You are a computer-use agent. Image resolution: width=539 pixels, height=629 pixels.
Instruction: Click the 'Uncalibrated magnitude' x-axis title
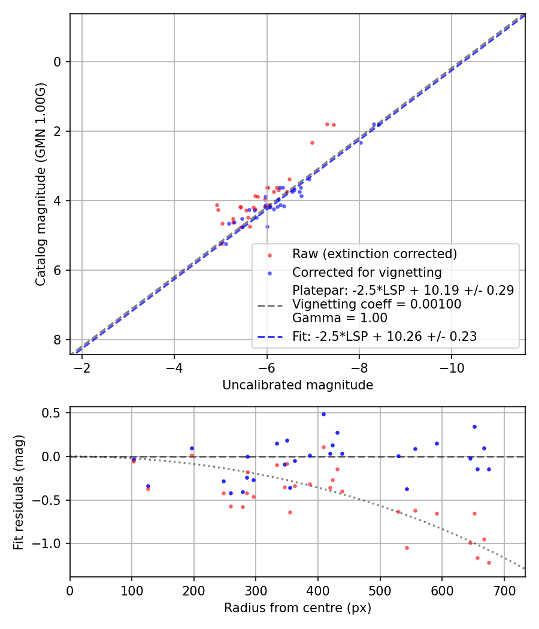point(298,385)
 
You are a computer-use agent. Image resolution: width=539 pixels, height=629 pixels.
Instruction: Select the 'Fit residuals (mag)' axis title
point(19,492)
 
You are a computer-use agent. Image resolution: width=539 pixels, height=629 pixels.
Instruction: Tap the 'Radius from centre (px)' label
point(298,608)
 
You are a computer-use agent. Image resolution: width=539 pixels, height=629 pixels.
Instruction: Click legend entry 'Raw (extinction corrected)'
point(374,254)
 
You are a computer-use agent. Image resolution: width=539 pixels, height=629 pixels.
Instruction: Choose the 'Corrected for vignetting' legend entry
point(367,273)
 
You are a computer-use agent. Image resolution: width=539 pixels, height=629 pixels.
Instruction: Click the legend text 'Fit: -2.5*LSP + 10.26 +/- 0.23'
point(384,337)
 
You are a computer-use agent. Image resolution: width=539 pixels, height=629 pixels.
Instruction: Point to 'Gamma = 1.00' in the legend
point(340,318)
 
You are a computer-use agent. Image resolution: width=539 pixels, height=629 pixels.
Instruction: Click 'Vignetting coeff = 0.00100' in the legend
point(377,304)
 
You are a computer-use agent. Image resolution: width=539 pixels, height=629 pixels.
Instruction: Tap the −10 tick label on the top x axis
point(452,367)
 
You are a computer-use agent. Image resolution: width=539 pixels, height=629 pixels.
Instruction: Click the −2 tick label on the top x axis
point(81,367)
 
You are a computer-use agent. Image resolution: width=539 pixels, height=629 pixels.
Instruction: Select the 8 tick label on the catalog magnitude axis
point(57,340)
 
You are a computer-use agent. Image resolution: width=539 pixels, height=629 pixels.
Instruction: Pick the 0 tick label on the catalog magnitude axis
point(57,62)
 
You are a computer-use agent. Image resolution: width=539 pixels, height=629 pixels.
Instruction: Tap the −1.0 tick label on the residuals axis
point(50,543)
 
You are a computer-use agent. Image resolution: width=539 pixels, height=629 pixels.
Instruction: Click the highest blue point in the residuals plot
point(323,414)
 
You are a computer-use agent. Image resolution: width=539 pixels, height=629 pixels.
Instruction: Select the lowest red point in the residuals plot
point(489,563)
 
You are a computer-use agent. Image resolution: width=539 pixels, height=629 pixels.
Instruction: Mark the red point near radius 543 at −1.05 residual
point(407,548)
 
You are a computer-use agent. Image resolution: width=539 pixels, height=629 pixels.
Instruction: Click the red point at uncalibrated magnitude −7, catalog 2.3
point(312,143)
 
